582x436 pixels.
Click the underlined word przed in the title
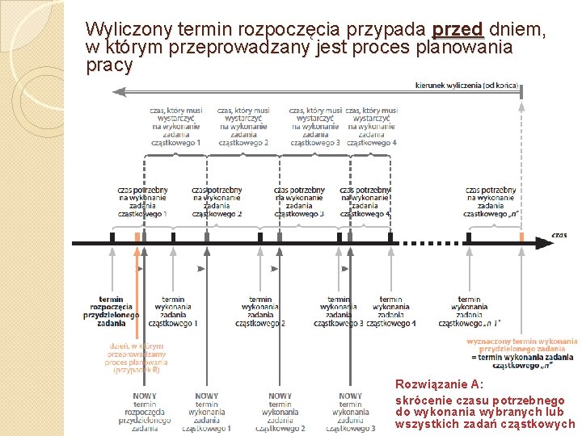tap(458, 31)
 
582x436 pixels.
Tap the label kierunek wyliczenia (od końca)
tap(466, 86)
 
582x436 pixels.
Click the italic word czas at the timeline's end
tap(559, 234)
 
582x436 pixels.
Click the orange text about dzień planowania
tap(136, 358)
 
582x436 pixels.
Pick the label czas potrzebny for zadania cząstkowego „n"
tap(491, 202)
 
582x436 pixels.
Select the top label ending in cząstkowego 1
tap(175, 127)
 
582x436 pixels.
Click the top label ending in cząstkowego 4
tap(372, 127)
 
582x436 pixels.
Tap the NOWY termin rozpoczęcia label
tap(145, 412)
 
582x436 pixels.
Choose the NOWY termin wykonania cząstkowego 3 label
tap(350, 412)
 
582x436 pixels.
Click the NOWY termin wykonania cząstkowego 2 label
tap(280, 412)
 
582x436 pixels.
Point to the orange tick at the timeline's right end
tap(521, 237)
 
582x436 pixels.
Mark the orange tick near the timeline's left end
tap(137, 237)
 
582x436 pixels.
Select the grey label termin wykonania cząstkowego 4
tap(391, 311)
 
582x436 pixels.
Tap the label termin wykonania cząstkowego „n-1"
tap(469, 311)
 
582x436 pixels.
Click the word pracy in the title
tap(109, 66)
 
